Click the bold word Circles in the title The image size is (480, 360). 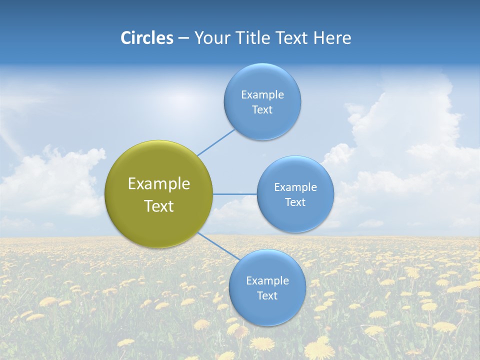[x=147, y=38]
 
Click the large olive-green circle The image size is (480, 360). [x=158, y=194]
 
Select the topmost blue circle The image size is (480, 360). [x=262, y=102]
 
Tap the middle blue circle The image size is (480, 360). [x=295, y=194]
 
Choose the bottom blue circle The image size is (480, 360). [x=267, y=287]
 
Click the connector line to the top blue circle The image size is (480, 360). [x=216, y=142]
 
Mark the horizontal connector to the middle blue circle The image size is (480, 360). [x=234, y=194]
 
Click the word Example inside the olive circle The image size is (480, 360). [x=158, y=184]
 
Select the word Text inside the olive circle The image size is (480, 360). [x=158, y=206]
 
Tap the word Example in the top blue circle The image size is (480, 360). [x=262, y=95]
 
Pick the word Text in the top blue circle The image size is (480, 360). [x=262, y=110]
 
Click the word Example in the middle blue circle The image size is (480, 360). [x=295, y=187]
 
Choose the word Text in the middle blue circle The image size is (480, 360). [x=295, y=202]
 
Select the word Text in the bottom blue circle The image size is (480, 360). [x=267, y=295]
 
